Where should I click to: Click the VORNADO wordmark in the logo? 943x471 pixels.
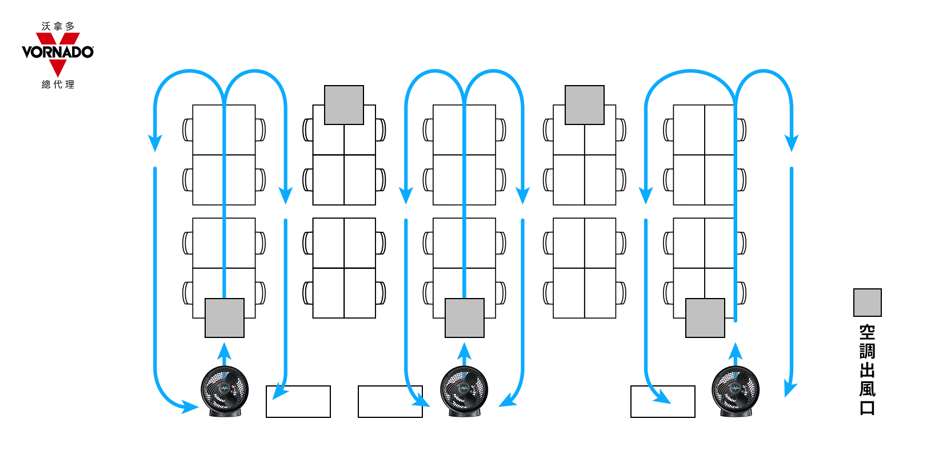coord(58,52)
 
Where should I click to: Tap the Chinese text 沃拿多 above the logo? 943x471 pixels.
coord(58,26)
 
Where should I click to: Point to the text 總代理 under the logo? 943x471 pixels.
coord(58,84)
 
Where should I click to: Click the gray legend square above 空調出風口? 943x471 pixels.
coord(867,303)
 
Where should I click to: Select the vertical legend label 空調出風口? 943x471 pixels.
coord(867,370)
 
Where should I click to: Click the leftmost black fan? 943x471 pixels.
coord(225,391)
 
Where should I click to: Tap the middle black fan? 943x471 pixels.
coord(464,391)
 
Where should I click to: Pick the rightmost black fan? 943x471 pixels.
coord(736,391)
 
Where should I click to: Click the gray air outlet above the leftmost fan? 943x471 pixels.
coord(225,318)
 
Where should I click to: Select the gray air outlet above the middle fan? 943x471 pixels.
coord(464,318)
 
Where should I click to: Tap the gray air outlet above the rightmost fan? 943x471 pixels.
coord(705,318)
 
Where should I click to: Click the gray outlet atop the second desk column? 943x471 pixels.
coord(344,105)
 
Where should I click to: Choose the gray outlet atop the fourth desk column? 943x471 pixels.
coord(584,105)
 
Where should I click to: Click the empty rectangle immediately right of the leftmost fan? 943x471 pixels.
coord(298,401)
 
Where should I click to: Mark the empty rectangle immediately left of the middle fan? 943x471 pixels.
coord(390,401)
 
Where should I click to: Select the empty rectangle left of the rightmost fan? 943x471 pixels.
coord(662,401)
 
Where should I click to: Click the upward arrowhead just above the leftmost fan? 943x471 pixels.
coord(225,351)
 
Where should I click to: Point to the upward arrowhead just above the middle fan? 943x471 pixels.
coord(464,351)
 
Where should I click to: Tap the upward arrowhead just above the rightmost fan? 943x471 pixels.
coord(736,351)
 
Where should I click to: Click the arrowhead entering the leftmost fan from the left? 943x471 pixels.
coord(190,406)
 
